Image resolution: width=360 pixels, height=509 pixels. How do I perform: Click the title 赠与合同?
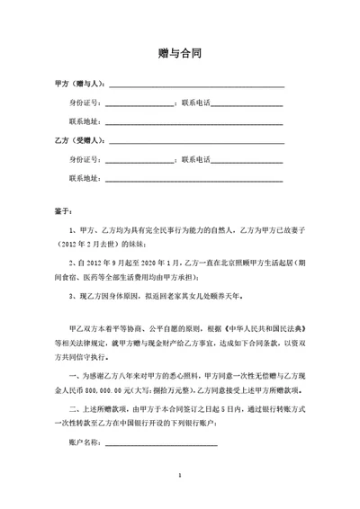[x=179, y=53]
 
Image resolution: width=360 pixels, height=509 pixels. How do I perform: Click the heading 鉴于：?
[x=63, y=212]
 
